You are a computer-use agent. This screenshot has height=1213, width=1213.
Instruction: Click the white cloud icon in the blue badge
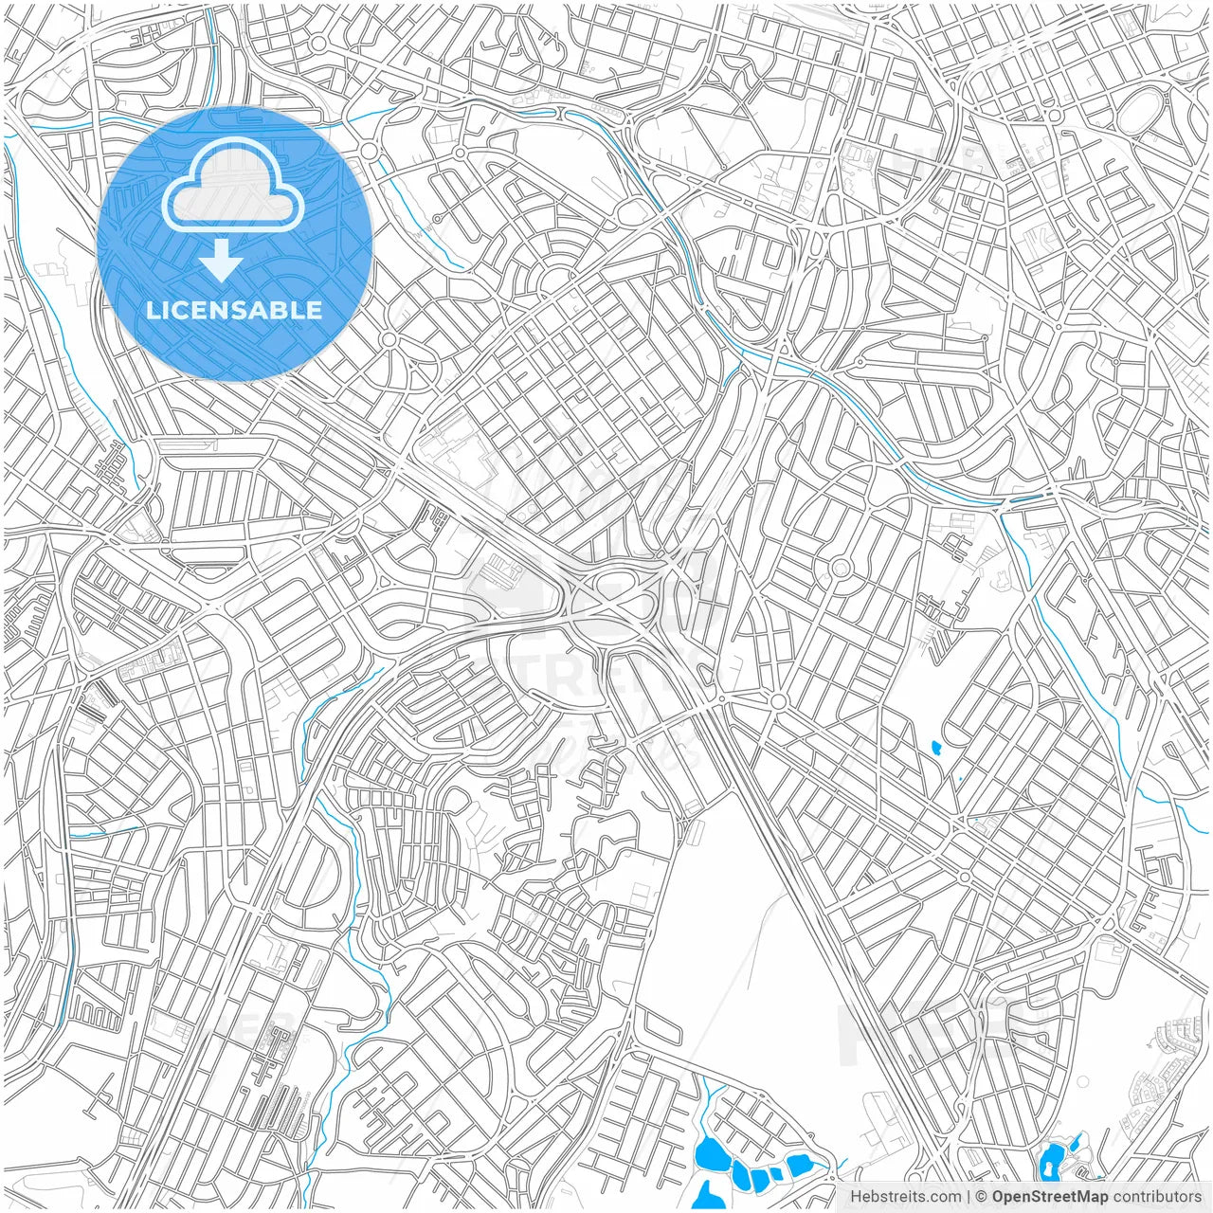point(233,186)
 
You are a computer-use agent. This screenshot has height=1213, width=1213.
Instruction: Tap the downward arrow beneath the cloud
point(222,261)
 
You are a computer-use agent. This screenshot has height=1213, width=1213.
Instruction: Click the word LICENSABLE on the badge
point(234,310)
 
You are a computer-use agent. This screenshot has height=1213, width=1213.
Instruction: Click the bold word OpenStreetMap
point(1050,1197)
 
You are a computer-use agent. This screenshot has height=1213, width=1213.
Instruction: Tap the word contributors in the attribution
point(1156,1197)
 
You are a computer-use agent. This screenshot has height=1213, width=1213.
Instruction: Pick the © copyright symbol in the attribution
point(982,1197)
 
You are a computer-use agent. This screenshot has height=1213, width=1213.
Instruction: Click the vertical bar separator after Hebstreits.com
point(968,1197)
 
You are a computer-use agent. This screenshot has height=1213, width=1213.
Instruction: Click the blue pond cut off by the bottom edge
point(704,1196)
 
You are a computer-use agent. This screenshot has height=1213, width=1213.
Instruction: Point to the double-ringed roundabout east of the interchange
point(840,569)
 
